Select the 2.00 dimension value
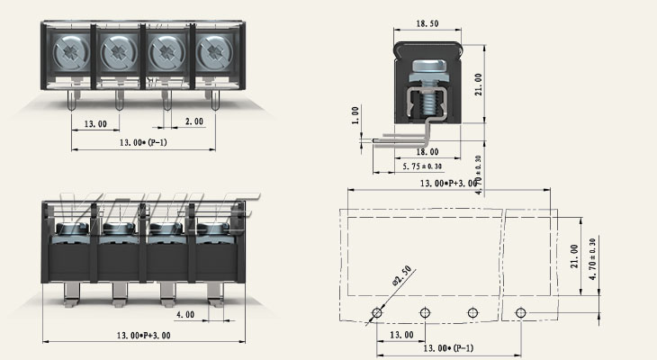pyautogui.click(x=194, y=121)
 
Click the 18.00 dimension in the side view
pyautogui.click(x=428, y=153)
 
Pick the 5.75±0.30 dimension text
pyautogui.click(x=423, y=166)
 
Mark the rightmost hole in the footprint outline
pyautogui.click(x=520, y=312)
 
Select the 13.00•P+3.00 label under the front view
pyautogui.click(x=144, y=335)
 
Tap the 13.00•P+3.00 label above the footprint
pyautogui.click(x=449, y=184)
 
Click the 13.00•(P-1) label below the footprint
pyautogui.click(x=449, y=347)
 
